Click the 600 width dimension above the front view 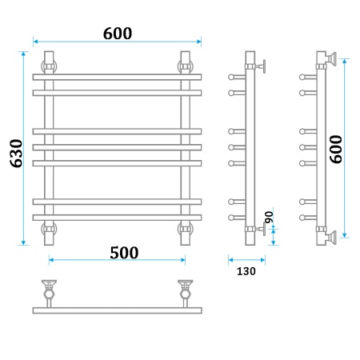click(117, 33)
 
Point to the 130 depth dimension click(246, 270)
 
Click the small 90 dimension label click(269, 217)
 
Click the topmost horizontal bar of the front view click(117, 78)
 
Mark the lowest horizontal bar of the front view click(117, 217)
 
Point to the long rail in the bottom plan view click(117, 310)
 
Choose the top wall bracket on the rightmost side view click(327, 59)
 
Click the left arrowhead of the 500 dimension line click(52, 259)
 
